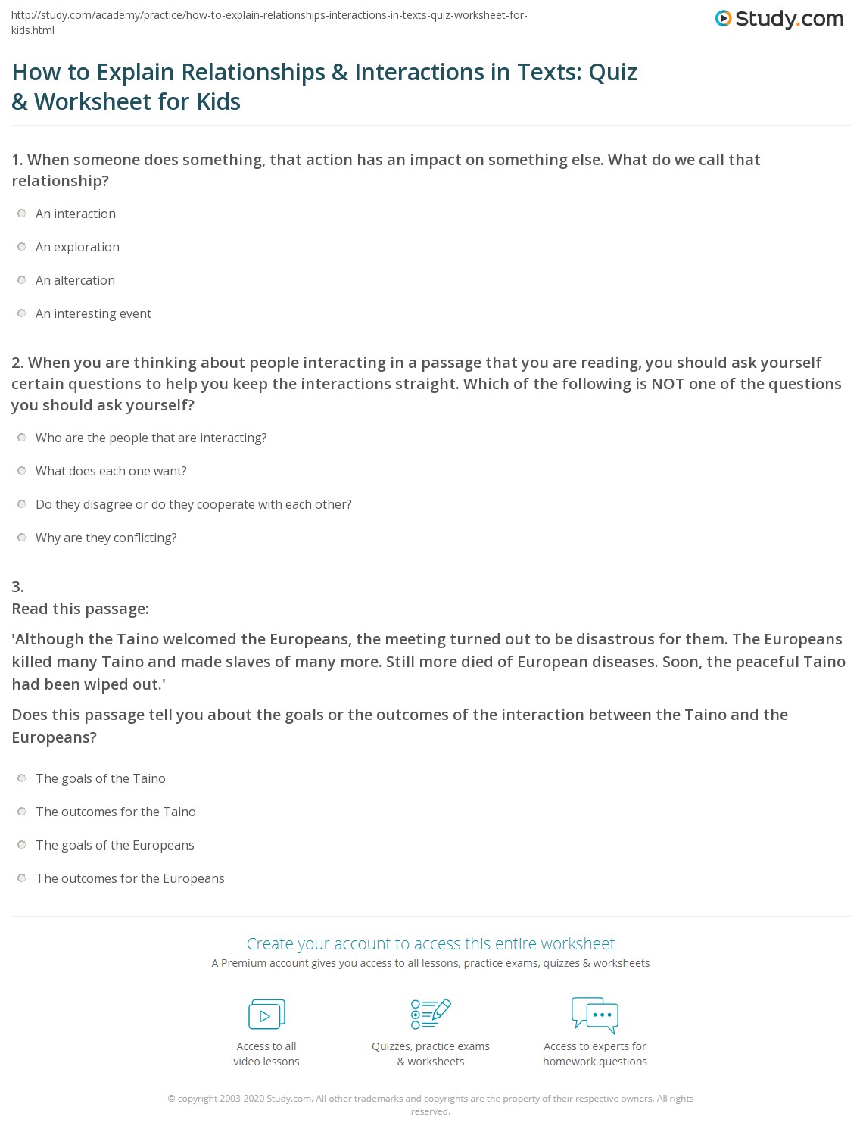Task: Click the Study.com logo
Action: pos(779,19)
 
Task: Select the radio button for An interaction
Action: pos(22,214)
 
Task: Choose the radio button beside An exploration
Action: pos(22,247)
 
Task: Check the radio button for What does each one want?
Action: pos(22,471)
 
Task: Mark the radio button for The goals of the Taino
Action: pos(22,778)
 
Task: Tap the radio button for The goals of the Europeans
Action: pos(22,845)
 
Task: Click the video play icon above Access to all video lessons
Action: pos(266,1015)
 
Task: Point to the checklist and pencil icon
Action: pos(431,1014)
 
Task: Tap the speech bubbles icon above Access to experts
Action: pos(595,1015)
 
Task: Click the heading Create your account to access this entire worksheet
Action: pos(431,943)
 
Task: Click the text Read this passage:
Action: pos(80,609)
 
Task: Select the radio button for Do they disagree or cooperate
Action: pos(22,504)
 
